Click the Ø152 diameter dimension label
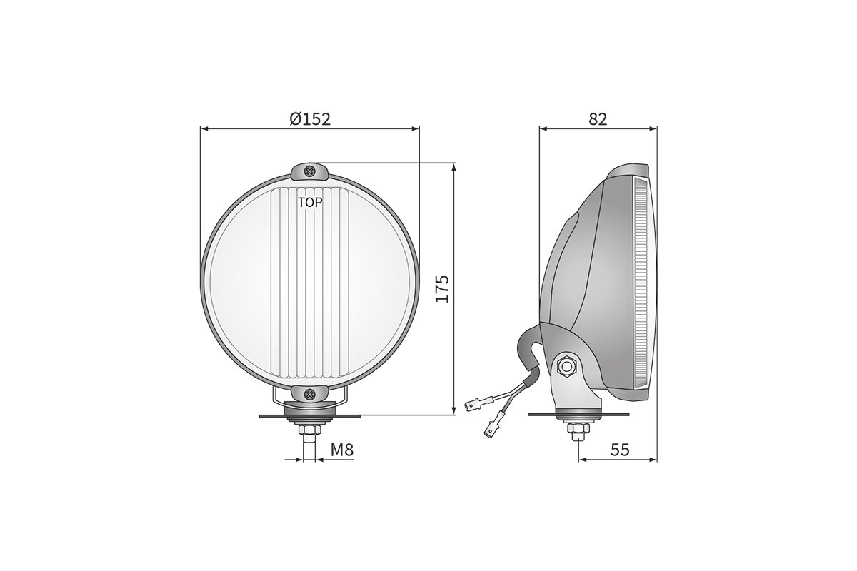point(310,119)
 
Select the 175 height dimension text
point(442,288)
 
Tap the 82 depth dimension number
point(598,119)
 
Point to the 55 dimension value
point(620,450)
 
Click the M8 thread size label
point(341,450)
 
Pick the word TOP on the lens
point(310,203)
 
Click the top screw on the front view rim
point(310,171)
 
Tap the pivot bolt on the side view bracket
point(566,367)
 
